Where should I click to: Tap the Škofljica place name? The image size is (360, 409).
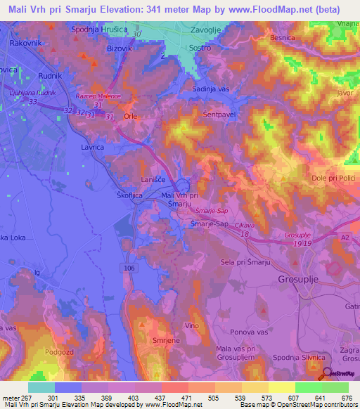tap(131, 197)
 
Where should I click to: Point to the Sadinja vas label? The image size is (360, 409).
tap(212, 89)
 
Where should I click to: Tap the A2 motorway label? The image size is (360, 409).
tap(344, 239)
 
